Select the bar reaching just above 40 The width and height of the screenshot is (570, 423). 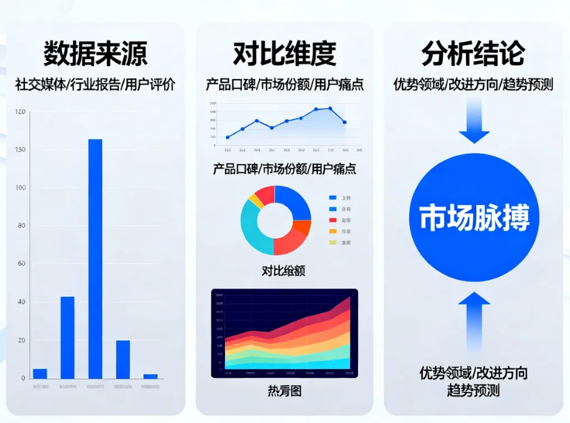68,337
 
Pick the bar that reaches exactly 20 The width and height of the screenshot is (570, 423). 123,359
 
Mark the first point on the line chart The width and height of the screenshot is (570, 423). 227,137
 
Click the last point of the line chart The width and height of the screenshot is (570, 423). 344,122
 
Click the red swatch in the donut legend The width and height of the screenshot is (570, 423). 332,220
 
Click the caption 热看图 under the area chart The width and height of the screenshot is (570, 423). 284,391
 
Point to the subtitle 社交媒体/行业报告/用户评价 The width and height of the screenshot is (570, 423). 95,85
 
